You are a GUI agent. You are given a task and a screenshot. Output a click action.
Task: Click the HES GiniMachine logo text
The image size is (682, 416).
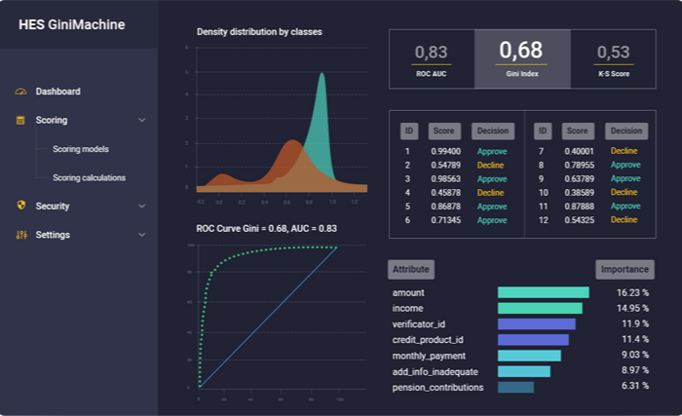click(72, 24)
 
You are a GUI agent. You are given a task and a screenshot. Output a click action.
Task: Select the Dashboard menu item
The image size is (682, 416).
click(57, 92)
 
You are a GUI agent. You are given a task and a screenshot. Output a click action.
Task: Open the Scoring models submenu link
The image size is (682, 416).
click(80, 149)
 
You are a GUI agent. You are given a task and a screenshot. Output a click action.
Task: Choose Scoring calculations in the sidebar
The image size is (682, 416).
click(89, 177)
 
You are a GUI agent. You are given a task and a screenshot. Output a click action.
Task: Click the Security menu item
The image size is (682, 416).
click(52, 206)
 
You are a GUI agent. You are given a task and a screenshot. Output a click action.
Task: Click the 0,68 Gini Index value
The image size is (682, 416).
click(520, 51)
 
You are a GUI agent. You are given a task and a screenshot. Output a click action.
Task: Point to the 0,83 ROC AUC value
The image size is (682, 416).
click(432, 53)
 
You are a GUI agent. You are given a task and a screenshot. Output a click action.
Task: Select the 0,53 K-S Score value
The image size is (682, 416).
click(613, 53)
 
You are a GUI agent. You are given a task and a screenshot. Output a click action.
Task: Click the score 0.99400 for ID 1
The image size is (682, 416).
click(446, 152)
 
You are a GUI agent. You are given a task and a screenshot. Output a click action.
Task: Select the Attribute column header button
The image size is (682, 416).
click(410, 269)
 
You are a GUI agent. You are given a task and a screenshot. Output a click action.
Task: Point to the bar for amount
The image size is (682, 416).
click(543, 292)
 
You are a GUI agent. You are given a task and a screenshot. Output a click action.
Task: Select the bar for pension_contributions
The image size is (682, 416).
click(515, 387)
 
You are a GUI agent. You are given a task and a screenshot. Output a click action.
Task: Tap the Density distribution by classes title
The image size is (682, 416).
click(259, 32)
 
